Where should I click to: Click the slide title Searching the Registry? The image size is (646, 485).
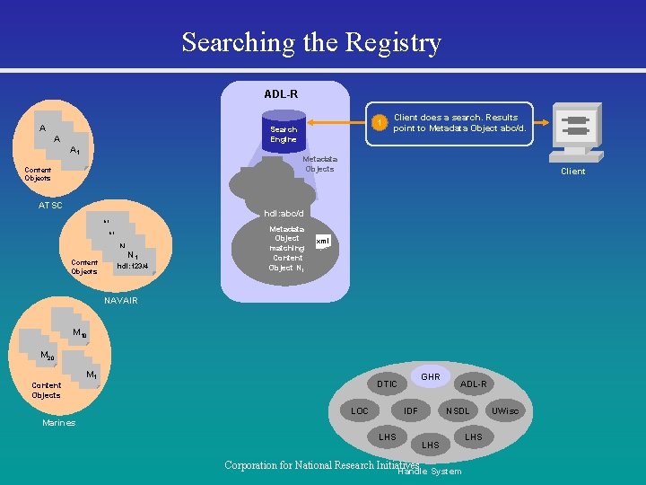311,42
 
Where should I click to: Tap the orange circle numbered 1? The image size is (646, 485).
380,122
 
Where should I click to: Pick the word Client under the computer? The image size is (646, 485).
572,172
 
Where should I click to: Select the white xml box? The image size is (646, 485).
324,241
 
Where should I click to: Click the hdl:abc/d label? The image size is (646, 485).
284,214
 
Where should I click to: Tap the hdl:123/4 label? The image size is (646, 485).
133,266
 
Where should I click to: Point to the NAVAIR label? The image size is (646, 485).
120,300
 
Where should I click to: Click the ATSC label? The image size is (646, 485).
50,206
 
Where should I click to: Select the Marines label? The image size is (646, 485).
59,423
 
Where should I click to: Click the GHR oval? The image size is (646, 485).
431,376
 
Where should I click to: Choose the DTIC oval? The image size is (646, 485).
387,384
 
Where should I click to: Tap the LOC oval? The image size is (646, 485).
359,410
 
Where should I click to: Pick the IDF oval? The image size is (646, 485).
411,410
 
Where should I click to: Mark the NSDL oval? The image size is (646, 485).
458,410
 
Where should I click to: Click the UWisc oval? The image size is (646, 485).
505,410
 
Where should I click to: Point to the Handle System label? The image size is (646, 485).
430,472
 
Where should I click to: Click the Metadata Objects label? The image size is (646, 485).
319,163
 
